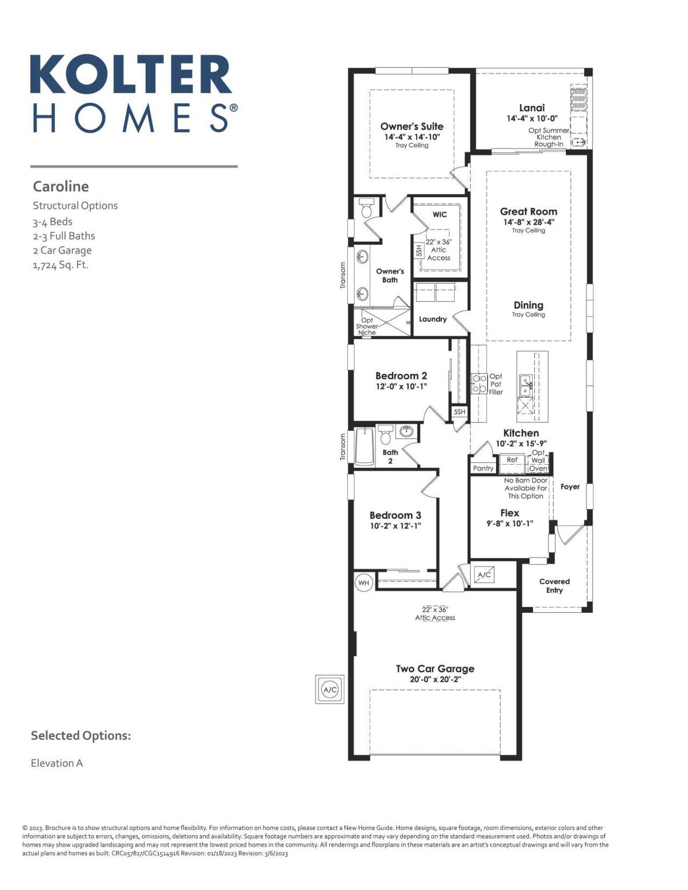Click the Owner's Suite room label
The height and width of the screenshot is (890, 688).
412,126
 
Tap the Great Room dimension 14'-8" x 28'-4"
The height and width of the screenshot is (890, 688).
528,222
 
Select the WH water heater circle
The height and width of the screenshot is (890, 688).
364,583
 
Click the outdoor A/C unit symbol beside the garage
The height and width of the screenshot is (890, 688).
329,689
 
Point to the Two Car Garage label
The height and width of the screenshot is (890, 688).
435,669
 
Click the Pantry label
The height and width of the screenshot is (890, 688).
483,468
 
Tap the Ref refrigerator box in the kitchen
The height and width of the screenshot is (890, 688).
512,460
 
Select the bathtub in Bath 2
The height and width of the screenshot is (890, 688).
364,447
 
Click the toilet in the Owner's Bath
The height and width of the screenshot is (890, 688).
367,209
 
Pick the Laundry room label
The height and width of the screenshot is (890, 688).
433,319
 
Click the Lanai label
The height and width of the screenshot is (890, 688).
532,108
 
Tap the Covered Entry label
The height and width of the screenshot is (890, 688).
554,585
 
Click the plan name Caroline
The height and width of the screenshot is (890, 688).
61,186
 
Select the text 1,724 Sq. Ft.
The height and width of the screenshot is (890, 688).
60,265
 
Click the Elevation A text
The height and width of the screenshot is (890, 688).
56,763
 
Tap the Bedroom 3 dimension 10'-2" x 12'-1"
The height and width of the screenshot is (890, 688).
395,526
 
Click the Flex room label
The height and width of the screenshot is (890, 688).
509,513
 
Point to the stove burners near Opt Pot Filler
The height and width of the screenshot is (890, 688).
479,384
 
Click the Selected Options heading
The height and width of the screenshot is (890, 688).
81,735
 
